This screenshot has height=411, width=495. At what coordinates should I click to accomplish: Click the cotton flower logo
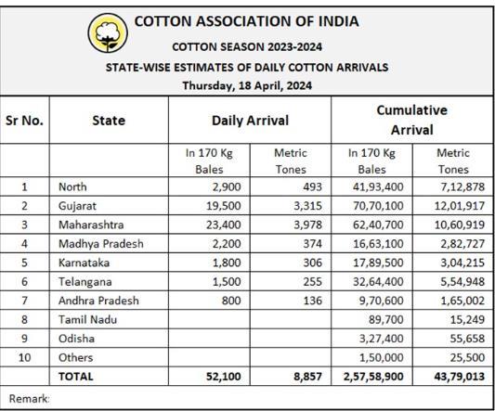(x=108, y=32)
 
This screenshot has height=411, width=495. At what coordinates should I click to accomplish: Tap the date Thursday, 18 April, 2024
(x=247, y=85)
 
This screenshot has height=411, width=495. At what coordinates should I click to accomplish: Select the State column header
(x=109, y=121)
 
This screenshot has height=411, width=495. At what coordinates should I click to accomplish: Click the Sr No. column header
(x=24, y=121)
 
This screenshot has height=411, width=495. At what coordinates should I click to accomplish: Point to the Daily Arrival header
(x=250, y=121)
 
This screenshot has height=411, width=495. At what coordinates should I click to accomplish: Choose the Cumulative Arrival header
(x=412, y=120)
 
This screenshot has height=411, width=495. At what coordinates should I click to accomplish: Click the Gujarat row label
(x=77, y=206)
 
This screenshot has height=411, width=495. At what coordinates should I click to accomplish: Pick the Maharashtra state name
(x=91, y=225)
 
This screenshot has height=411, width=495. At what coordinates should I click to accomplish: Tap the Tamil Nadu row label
(x=87, y=319)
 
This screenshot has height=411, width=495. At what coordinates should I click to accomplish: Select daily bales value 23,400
(x=224, y=225)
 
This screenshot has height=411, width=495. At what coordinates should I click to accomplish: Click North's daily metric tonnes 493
(x=313, y=186)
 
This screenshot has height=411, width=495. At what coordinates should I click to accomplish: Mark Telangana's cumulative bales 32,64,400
(x=378, y=282)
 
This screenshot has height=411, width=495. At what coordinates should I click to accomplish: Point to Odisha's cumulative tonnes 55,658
(x=467, y=339)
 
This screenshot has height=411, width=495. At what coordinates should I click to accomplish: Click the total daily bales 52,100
(x=224, y=377)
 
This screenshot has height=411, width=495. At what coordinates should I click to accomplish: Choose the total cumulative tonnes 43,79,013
(x=460, y=377)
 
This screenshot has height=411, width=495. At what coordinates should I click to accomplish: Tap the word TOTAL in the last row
(x=76, y=377)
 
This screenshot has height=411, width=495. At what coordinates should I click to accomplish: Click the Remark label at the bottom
(x=30, y=399)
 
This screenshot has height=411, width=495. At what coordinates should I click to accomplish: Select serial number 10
(x=25, y=357)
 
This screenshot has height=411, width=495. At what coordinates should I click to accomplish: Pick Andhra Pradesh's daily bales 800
(x=231, y=301)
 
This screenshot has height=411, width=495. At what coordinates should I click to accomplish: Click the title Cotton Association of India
(x=246, y=21)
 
